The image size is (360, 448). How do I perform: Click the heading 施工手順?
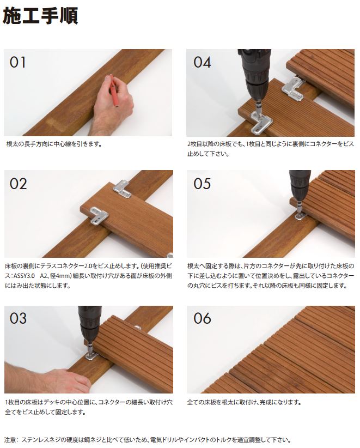pos(40,16)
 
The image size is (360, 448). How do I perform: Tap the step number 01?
pos(17,62)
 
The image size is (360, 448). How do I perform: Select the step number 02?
pos(19,184)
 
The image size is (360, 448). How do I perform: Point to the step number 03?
pos(19,318)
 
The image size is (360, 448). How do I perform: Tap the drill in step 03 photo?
pos(89,329)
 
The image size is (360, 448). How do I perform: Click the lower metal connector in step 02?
pos(99,215)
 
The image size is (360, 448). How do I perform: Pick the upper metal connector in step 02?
pos(123,189)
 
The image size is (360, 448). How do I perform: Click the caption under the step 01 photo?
pos(54,144)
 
